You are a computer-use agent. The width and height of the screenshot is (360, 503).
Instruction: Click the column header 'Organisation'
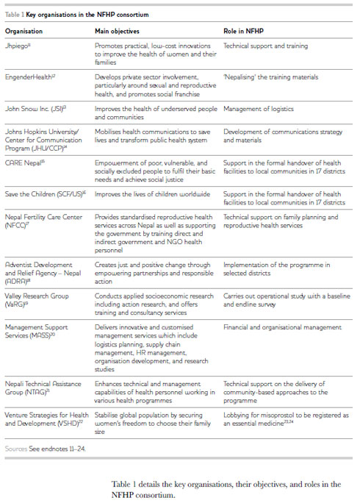point(24,32)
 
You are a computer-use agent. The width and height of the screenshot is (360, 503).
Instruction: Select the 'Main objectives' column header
point(118,32)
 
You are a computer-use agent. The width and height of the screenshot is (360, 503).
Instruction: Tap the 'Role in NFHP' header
point(243,32)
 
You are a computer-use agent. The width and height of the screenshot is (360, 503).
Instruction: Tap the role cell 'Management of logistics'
point(257,108)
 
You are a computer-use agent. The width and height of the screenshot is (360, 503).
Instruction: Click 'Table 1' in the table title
point(15,15)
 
